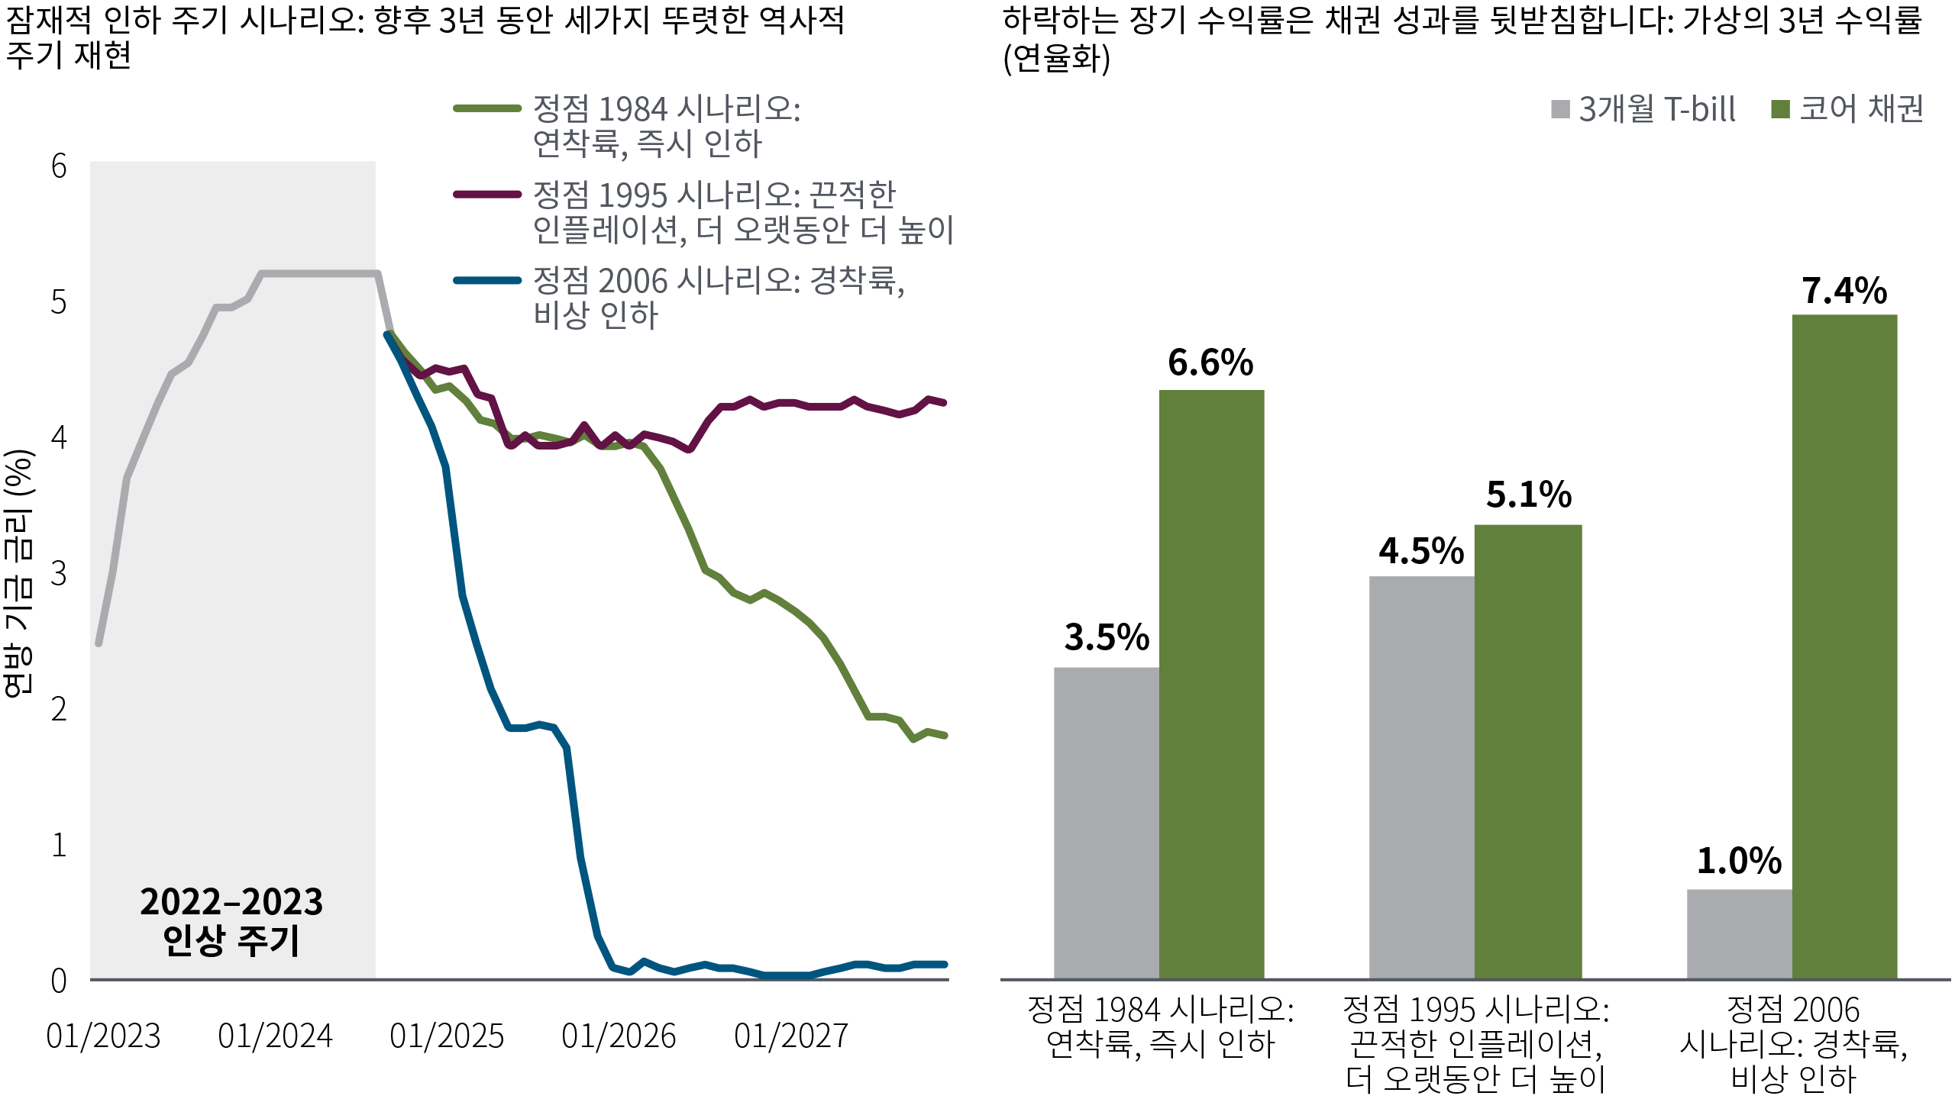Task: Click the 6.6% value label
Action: [x=1210, y=363]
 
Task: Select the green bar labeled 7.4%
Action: [x=1844, y=646]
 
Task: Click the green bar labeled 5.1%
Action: [x=1527, y=751]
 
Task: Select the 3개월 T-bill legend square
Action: [x=1560, y=109]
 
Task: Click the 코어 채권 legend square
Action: [x=1780, y=109]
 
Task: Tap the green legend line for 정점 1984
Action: [x=487, y=108]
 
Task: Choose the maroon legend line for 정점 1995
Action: [x=487, y=195]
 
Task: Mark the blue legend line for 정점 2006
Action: [x=487, y=280]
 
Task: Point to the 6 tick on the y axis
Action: [x=59, y=166]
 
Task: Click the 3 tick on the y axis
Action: [x=59, y=573]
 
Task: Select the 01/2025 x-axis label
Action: [x=447, y=1036]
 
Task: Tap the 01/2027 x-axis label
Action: [x=791, y=1036]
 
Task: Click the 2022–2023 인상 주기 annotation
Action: [x=231, y=920]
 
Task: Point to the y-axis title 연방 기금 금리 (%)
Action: [x=18, y=572]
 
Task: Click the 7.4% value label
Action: [x=1844, y=291]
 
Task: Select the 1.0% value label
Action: [x=1739, y=861]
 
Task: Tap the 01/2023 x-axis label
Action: [x=103, y=1036]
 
